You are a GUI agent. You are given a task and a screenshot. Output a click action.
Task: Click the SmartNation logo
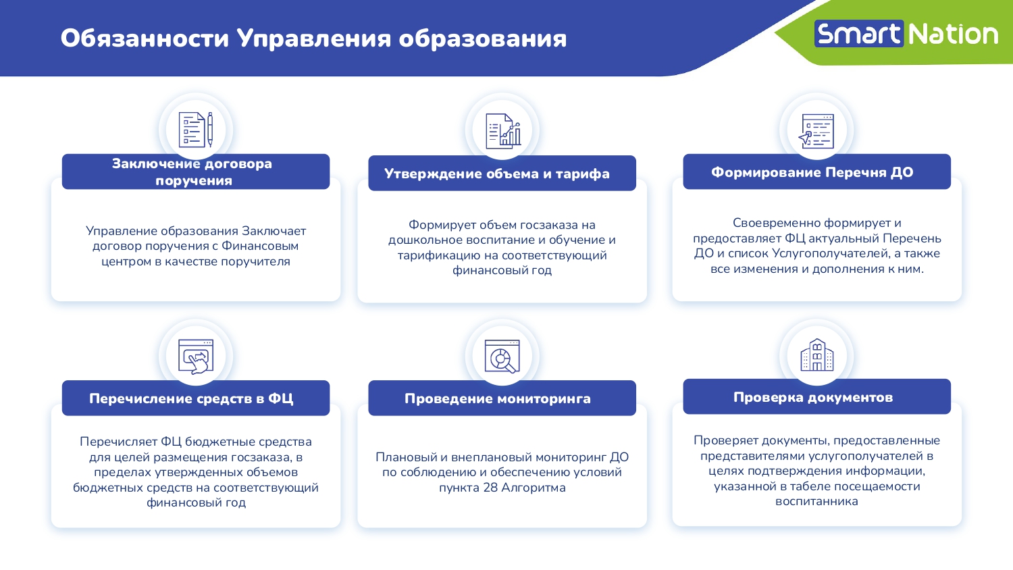906,34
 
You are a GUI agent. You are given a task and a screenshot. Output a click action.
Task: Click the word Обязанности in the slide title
145,38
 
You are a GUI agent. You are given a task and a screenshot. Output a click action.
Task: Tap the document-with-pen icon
196,130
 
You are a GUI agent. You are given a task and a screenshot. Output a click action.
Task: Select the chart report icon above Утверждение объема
503,131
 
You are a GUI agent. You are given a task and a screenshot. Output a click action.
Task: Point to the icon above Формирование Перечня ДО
816,131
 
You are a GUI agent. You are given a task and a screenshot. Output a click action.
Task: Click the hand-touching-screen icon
196,357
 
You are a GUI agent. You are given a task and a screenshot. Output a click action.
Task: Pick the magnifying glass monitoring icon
502,357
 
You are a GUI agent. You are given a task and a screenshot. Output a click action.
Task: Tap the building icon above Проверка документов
816,355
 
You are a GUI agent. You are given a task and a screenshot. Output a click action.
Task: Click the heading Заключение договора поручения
192,172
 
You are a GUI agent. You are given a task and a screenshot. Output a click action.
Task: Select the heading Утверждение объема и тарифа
497,174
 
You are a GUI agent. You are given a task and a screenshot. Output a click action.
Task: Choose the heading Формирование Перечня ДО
812,172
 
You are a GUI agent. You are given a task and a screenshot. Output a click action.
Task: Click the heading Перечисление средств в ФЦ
191,398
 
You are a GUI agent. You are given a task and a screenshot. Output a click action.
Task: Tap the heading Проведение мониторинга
498,398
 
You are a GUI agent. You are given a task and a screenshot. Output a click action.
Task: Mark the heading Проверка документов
813,397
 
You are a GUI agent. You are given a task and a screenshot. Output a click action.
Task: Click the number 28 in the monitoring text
490,488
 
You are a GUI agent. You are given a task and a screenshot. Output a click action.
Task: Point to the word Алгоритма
534,488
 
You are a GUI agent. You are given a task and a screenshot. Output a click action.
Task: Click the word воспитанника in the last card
816,501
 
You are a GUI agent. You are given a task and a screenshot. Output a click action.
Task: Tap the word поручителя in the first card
255,261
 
